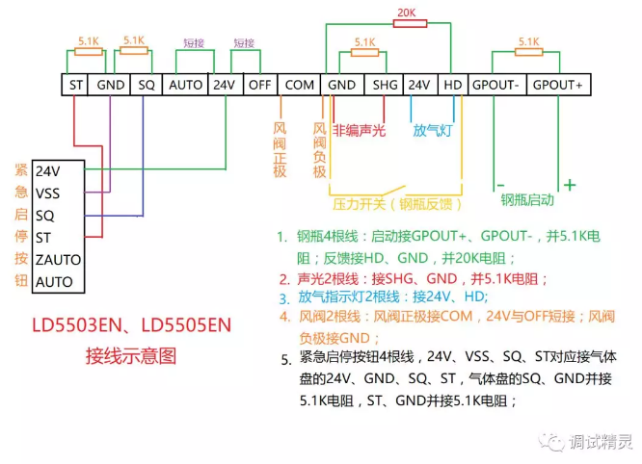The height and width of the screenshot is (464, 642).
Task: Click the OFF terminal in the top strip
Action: tap(259, 85)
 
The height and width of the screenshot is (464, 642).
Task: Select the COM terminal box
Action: tap(300, 85)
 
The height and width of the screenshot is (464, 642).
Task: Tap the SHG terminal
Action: tap(385, 85)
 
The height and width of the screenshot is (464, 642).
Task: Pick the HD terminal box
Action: tap(452, 85)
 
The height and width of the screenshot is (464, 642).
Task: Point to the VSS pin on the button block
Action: tap(47, 193)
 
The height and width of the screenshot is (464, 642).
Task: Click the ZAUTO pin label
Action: tap(58, 260)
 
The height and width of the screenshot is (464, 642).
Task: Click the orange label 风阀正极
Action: tap(280, 149)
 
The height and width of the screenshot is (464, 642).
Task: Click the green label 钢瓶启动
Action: tap(527, 200)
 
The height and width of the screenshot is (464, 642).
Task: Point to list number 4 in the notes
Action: tap(284, 317)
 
